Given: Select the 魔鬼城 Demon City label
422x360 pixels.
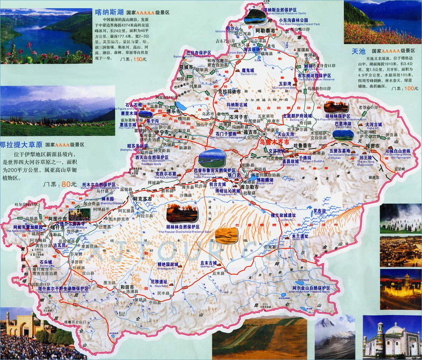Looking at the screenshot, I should pos(247,70).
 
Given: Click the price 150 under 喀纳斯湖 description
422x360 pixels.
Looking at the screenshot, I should pos(139,60).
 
